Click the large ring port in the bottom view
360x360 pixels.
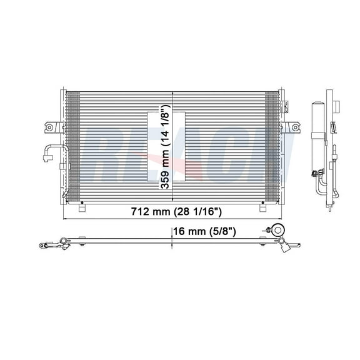[278, 229]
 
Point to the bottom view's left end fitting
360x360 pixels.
[44, 244]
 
